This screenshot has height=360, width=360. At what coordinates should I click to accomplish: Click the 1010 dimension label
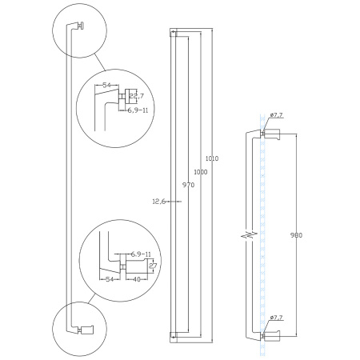coord(212,158)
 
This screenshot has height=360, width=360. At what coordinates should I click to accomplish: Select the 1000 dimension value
coord(201,172)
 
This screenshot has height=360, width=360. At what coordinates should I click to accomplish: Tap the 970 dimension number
coord(188,185)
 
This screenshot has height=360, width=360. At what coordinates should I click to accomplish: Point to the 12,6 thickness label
coord(159,202)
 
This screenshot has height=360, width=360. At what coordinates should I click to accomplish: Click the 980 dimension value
coord(296,235)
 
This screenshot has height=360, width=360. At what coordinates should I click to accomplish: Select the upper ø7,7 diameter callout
coord(277,115)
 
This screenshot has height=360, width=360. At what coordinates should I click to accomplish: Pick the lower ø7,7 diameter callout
coord(277,318)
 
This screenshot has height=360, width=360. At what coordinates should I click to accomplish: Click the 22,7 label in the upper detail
coord(137,96)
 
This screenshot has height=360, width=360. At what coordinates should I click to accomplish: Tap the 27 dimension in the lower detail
coord(153,266)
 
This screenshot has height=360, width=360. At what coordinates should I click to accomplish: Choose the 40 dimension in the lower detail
coord(137,279)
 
